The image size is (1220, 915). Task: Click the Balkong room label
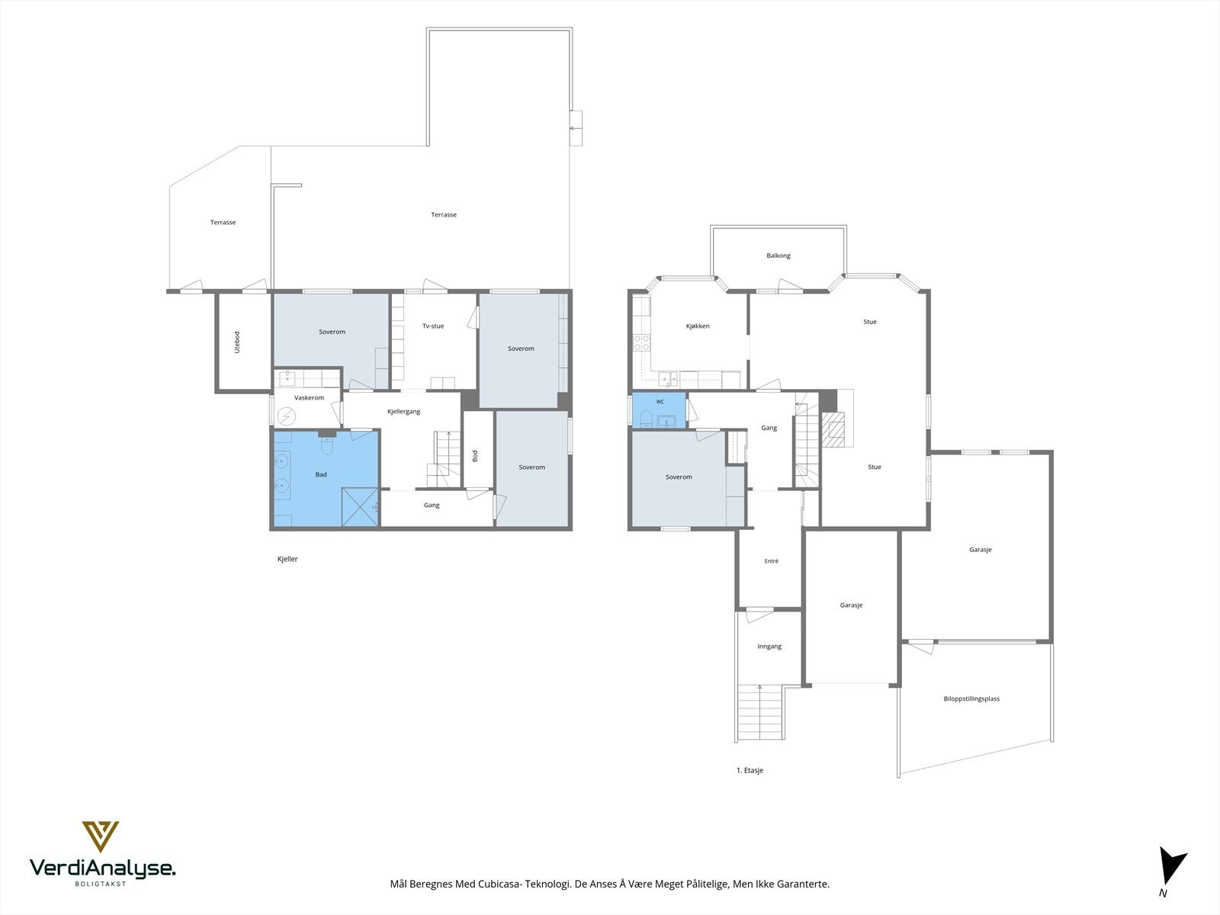click(x=779, y=255)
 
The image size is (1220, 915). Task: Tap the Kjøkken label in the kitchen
click(x=698, y=326)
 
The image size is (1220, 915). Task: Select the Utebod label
click(x=237, y=342)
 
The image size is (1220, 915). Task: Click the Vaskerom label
click(x=309, y=398)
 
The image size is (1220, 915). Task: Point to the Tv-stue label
click(x=433, y=326)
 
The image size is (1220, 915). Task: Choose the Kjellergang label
click(x=403, y=412)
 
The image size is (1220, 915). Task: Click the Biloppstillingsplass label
click(x=971, y=699)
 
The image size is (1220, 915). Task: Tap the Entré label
click(x=772, y=561)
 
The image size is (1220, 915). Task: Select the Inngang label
click(x=769, y=647)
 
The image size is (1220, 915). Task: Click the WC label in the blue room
click(x=660, y=402)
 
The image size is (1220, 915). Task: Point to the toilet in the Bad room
click(x=327, y=445)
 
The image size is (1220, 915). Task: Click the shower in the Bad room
click(x=360, y=506)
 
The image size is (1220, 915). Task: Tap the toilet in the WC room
click(x=646, y=418)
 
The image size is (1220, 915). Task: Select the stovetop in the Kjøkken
click(x=641, y=342)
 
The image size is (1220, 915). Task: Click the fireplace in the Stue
click(x=834, y=429)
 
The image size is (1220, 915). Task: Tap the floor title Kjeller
click(x=287, y=559)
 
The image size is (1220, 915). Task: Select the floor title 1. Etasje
click(x=750, y=771)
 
